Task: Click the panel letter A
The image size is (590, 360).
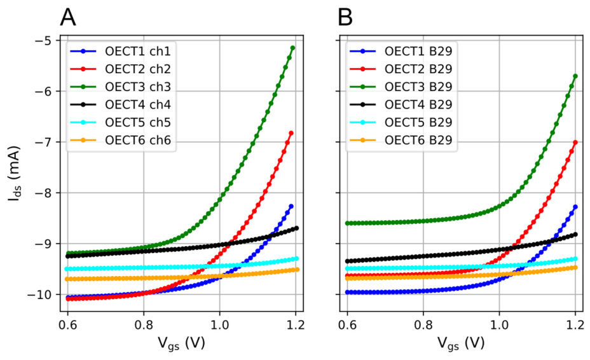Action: [68, 17]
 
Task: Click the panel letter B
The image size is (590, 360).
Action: [345, 17]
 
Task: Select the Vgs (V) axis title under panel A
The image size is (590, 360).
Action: [181, 342]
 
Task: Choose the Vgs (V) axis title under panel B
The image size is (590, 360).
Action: [461, 342]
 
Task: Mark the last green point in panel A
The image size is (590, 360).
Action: [292, 48]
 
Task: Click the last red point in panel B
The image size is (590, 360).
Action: [575, 142]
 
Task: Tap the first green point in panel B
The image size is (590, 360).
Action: [347, 223]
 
